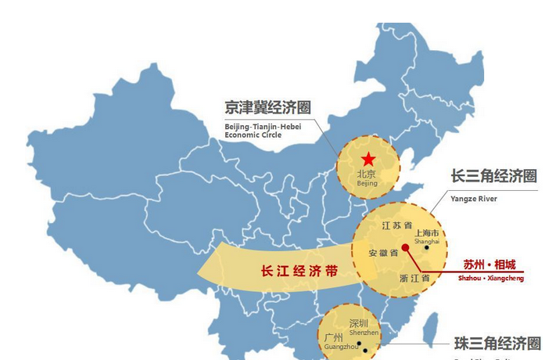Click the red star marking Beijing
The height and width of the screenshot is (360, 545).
point(368,159)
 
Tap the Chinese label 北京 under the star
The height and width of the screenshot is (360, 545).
point(367,174)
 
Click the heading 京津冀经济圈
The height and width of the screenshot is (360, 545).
point(267,108)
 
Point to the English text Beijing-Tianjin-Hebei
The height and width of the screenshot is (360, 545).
point(264,126)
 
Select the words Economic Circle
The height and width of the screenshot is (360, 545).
point(253,135)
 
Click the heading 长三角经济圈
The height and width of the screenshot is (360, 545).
point(493,176)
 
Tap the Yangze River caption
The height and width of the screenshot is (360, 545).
point(473,199)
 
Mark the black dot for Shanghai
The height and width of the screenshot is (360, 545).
point(427,248)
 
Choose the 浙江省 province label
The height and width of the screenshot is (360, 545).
point(414,277)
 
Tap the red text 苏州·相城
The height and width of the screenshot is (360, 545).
point(488,264)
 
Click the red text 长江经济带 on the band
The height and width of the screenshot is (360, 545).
point(299,271)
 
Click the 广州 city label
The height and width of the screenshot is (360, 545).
point(334,338)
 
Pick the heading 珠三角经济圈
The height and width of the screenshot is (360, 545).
point(498,344)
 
